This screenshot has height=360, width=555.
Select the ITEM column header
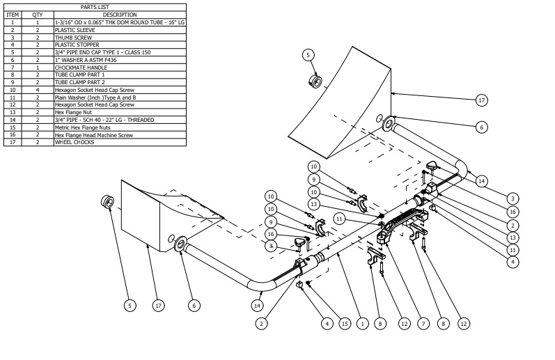click(x=13, y=14)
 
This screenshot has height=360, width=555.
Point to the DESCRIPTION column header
click(x=120, y=14)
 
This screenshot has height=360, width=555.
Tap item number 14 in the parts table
click(x=13, y=120)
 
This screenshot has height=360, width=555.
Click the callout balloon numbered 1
click(x=361, y=323)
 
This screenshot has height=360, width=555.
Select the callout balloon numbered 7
click(x=423, y=323)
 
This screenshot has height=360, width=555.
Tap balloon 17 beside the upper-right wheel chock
click(x=480, y=100)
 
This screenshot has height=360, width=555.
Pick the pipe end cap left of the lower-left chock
click(x=109, y=203)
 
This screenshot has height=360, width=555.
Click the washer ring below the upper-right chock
click(x=389, y=126)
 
